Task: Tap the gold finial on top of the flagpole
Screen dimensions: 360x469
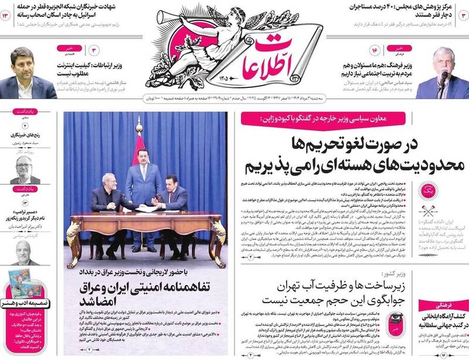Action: click(138, 122)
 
